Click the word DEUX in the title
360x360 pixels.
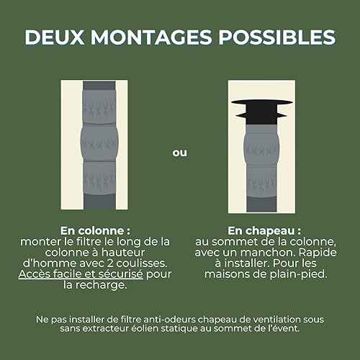pyautogui.click(x=55, y=37)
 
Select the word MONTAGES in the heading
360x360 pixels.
pyautogui.click(x=151, y=37)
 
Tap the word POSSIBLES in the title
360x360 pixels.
pyautogui.click(x=276, y=37)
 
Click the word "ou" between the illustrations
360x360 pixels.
pyautogui.click(x=179, y=153)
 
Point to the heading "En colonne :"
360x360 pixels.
pyautogui.click(x=95, y=230)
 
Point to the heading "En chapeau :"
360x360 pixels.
pyautogui.click(x=264, y=231)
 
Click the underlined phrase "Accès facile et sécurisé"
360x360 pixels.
pyautogui.click(x=81, y=274)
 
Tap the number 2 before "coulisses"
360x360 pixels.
pyautogui.click(x=110, y=264)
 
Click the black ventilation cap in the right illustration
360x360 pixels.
pyautogui.click(x=261, y=112)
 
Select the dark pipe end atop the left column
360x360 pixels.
pyautogui.click(x=99, y=86)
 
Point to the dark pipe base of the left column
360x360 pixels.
pyautogui.click(x=99, y=202)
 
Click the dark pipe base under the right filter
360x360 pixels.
pyautogui.click(x=261, y=204)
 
